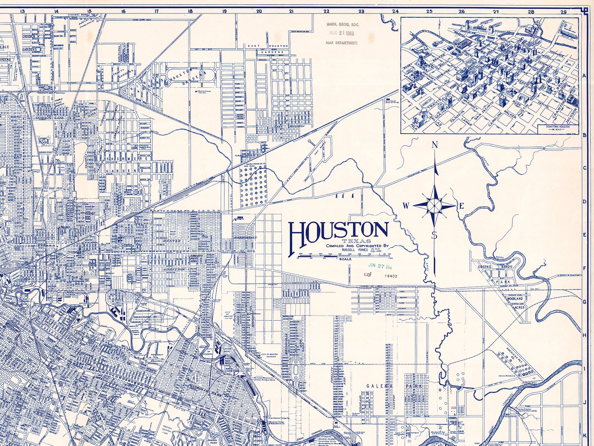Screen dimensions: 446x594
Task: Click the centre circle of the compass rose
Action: point(434,205)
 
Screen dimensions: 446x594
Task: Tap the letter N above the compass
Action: point(435,145)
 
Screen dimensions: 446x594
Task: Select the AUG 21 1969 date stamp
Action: point(342,33)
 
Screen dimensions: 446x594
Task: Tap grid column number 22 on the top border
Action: point(327,11)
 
